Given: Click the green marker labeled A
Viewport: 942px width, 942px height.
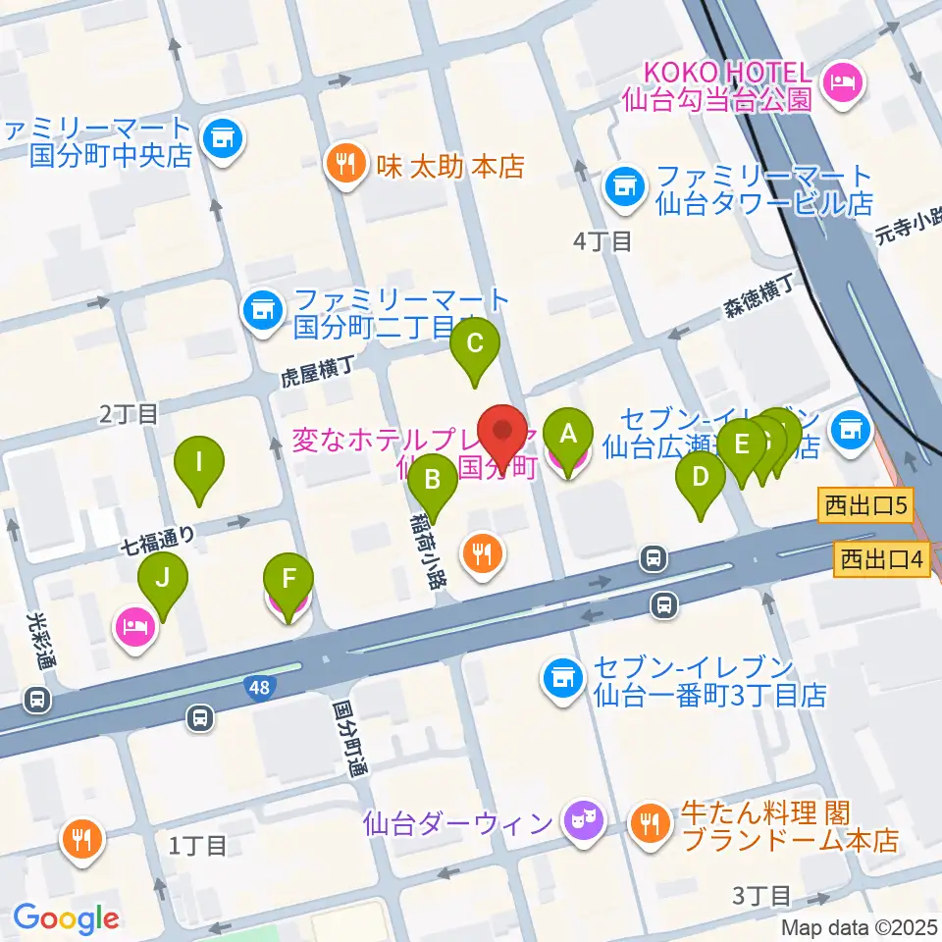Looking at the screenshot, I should (567, 432).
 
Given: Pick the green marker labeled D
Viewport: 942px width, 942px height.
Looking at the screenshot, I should (700, 478).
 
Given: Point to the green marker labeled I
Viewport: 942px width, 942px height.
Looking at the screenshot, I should (199, 462).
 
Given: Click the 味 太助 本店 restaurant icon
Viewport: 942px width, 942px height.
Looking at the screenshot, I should (342, 162).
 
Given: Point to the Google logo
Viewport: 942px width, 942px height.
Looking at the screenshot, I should (67, 917).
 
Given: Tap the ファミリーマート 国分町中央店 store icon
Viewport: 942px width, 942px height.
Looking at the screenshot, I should (221, 138).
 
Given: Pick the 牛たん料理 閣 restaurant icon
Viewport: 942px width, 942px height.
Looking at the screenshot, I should (650, 821).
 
